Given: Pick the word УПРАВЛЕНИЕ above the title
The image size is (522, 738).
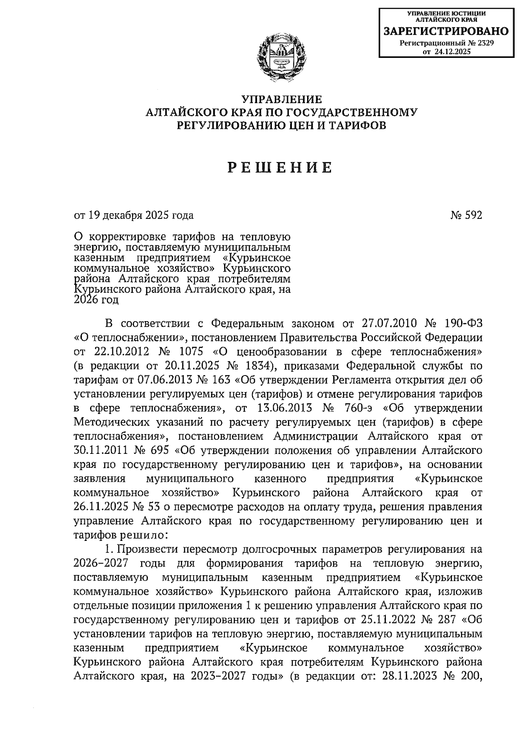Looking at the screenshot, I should [281, 99].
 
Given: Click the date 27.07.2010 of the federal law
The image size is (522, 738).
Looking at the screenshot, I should [390, 323].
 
